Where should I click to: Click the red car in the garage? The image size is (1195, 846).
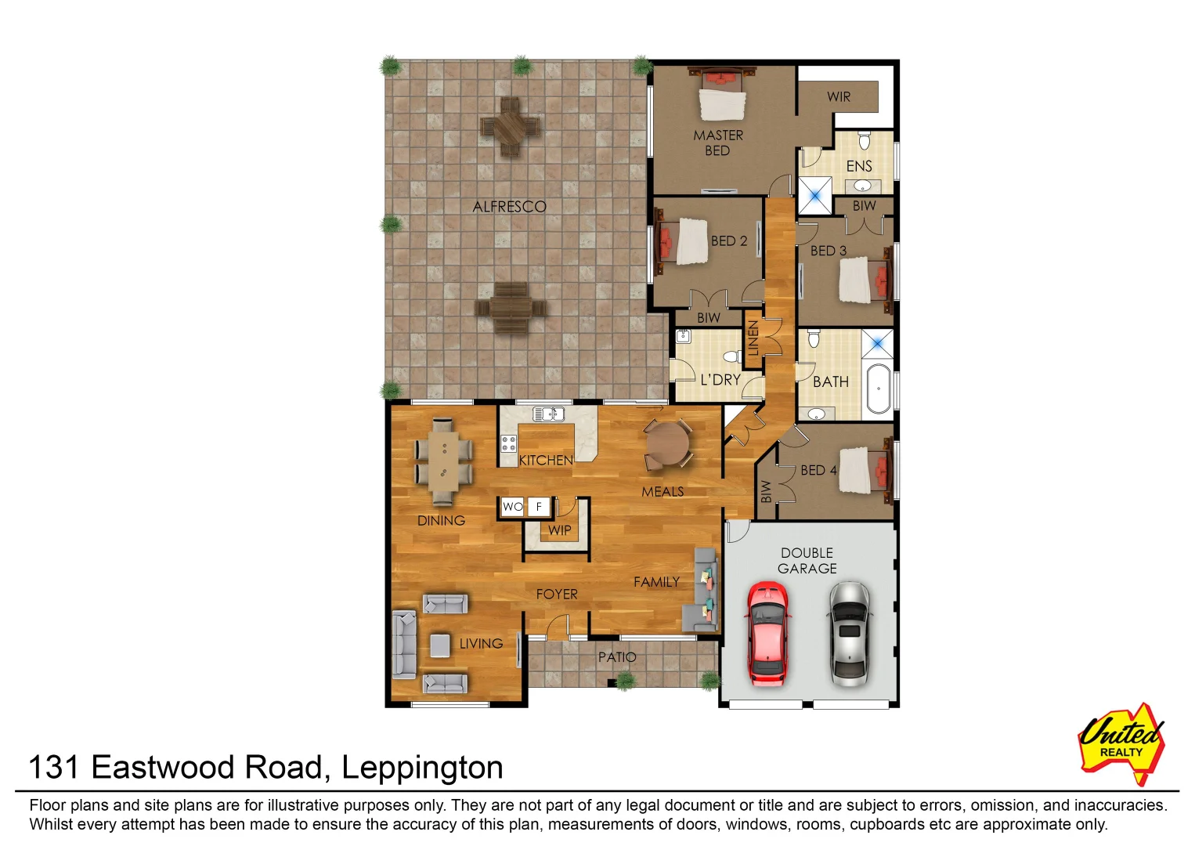coord(767,633)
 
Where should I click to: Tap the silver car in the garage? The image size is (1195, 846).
coord(848,633)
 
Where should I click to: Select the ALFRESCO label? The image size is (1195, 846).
coord(509,207)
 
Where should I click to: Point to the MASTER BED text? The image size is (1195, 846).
coord(717,143)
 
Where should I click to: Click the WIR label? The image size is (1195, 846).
coord(838,97)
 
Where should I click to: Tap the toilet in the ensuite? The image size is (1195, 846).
coord(864,141)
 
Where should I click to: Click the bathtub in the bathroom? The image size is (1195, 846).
coord(878,388)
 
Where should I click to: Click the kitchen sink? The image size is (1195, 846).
coord(549,414)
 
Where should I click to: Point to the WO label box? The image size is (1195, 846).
coord(512,507)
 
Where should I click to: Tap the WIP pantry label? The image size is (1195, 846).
coord(559,530)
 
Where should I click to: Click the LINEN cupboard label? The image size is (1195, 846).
coord(753,338)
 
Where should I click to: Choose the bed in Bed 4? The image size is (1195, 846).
coord(865,470)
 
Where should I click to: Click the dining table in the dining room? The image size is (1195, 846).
coord(444,461)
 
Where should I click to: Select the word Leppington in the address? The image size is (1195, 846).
coord(422,767)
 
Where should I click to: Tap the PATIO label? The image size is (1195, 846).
coord(617,657)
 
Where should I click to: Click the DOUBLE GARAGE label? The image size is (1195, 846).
coord(807,561)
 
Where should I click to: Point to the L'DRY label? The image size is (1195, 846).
coord(720,380)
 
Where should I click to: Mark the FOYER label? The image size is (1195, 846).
coord(557,595)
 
